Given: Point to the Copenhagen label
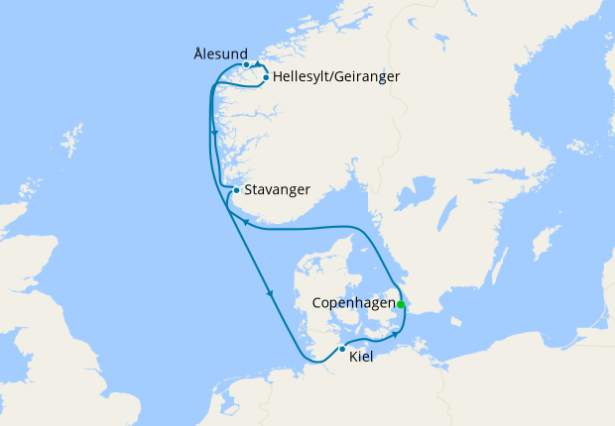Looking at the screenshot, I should point(352,303).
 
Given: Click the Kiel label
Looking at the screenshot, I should point(362,357).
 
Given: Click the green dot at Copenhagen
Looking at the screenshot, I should point(401,304).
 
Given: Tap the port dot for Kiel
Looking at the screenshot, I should point(342,349).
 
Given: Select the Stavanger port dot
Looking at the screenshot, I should point(236,190).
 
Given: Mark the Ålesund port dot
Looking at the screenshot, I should point(246,65).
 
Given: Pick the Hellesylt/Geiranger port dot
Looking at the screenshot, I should point(266,76).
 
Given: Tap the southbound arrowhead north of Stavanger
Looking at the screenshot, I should point(214,132).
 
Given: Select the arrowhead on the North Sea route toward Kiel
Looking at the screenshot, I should point(270,293).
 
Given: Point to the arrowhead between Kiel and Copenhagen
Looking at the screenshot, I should point(394,335).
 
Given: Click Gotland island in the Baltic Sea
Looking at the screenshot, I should point(544,240).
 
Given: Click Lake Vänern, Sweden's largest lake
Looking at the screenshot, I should point(418,191).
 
